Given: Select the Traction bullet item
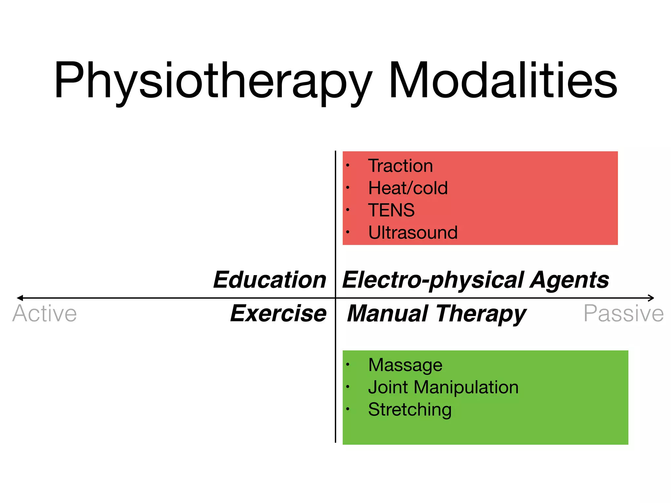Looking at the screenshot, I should coord(400,166).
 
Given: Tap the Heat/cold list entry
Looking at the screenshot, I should coord(408,188).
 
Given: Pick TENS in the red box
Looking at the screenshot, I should coord(391,210).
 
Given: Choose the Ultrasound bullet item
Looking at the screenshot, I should coord(413,233).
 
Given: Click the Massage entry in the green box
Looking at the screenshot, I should coord(405,365).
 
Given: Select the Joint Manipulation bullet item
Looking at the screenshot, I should coord(443,387).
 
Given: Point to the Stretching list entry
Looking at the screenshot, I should coord(410,410).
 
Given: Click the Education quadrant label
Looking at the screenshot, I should coord(270,280).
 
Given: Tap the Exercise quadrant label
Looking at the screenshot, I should coord(278,313).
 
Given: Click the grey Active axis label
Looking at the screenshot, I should coord(45,314).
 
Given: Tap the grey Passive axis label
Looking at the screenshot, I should coord(623,314).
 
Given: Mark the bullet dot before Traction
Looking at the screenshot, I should coord(348,165).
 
